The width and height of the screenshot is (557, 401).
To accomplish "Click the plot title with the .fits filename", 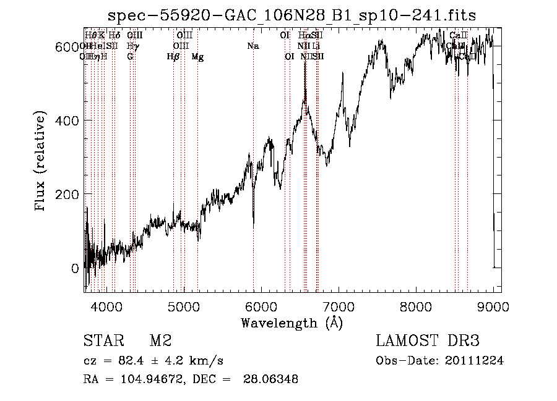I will [291, 15].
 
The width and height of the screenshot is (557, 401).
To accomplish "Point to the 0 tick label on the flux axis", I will [75, 269].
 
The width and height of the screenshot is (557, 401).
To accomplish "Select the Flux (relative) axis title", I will [41, 162].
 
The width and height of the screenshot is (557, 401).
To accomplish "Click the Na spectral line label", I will [253, 46].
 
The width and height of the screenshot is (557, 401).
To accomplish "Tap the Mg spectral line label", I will [197, 57].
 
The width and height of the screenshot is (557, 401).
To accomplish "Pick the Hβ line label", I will [173, 57].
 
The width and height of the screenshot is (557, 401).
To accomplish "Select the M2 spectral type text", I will [160, 341].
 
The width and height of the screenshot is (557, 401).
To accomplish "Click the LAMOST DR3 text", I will [428, 341].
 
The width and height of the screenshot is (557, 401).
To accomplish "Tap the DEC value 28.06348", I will [267, 379].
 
